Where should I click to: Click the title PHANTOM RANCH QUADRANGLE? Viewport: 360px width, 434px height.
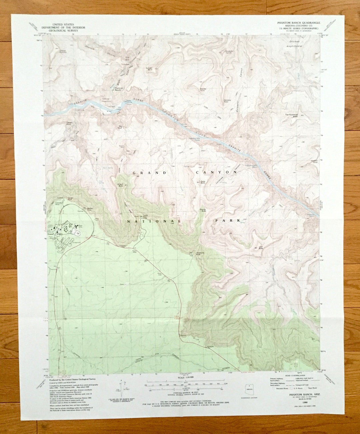tap(298, 23)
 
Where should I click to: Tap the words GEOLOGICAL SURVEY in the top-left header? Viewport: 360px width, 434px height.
tap(63, 30)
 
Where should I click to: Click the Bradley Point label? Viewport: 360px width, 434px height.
tap(203, 90)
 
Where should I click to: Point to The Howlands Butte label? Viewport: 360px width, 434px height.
tap(291, 116)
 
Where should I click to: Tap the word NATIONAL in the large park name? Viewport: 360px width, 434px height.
tap(154, 221)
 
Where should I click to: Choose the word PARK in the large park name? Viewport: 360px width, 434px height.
tap(229, 221)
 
